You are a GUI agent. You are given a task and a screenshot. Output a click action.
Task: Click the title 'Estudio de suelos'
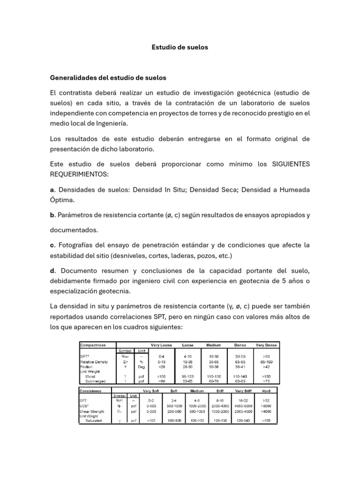point(180,47)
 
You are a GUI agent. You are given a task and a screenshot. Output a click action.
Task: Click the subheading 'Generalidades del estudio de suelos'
point(108,77)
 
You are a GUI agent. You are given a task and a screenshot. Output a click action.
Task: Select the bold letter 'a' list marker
point(52,190)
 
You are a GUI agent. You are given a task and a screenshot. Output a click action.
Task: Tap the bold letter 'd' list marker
point(52,271)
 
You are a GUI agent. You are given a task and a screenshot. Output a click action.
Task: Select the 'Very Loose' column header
point(161,345)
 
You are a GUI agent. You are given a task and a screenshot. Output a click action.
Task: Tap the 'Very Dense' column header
point(266,345)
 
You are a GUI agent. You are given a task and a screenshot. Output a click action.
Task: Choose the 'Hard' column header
point(266,390)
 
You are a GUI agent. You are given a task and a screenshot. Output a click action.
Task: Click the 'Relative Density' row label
point(94,362)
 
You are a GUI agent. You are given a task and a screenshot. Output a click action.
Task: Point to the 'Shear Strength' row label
point(94,411)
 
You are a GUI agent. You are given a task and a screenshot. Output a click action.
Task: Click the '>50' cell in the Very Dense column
point(266,357)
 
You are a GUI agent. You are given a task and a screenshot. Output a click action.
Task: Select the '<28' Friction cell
point(162,367)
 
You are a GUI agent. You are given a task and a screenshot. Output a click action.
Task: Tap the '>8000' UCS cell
point(266,406)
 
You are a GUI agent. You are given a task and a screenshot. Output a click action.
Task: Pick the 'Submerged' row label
point(96,382)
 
